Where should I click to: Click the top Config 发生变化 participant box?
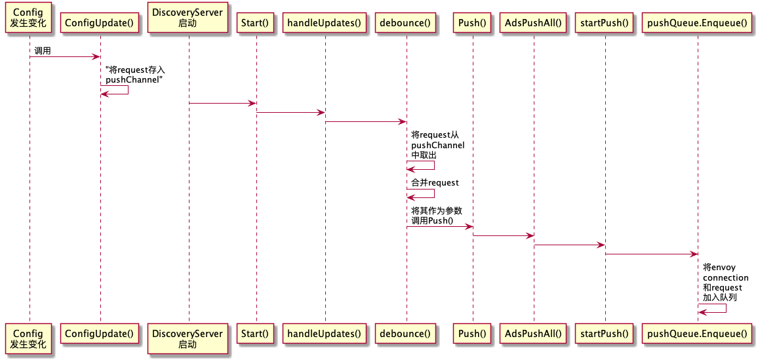(28, 18)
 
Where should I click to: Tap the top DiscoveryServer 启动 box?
(188, 18)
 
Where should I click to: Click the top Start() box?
(256, 24)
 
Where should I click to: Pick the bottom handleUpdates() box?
(325, 333)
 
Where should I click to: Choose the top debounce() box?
(406, 24)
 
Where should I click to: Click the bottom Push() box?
(473, 333)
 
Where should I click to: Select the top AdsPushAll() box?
(534, 24)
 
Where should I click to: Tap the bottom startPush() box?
(605, 333)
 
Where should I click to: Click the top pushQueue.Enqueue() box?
(697, 24)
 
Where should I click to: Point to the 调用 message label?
(43, 50)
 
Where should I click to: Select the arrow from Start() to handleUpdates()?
(290, 112)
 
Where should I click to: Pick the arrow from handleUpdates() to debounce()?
(365, 121)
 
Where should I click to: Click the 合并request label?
(435, 182)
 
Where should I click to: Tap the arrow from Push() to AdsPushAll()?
(503, 235)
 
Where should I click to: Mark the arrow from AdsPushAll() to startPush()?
(569, 245)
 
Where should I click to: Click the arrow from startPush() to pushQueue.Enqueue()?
(650, 254)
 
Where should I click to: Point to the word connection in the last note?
(725, 277)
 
